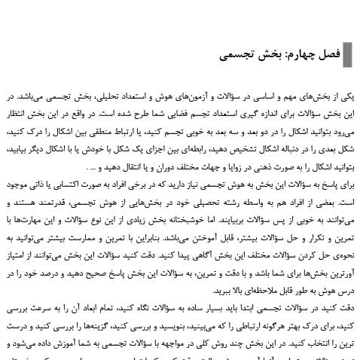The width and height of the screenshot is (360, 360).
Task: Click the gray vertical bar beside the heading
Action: pos(347,55)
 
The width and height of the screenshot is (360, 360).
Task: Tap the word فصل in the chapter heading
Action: pos(328,55)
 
